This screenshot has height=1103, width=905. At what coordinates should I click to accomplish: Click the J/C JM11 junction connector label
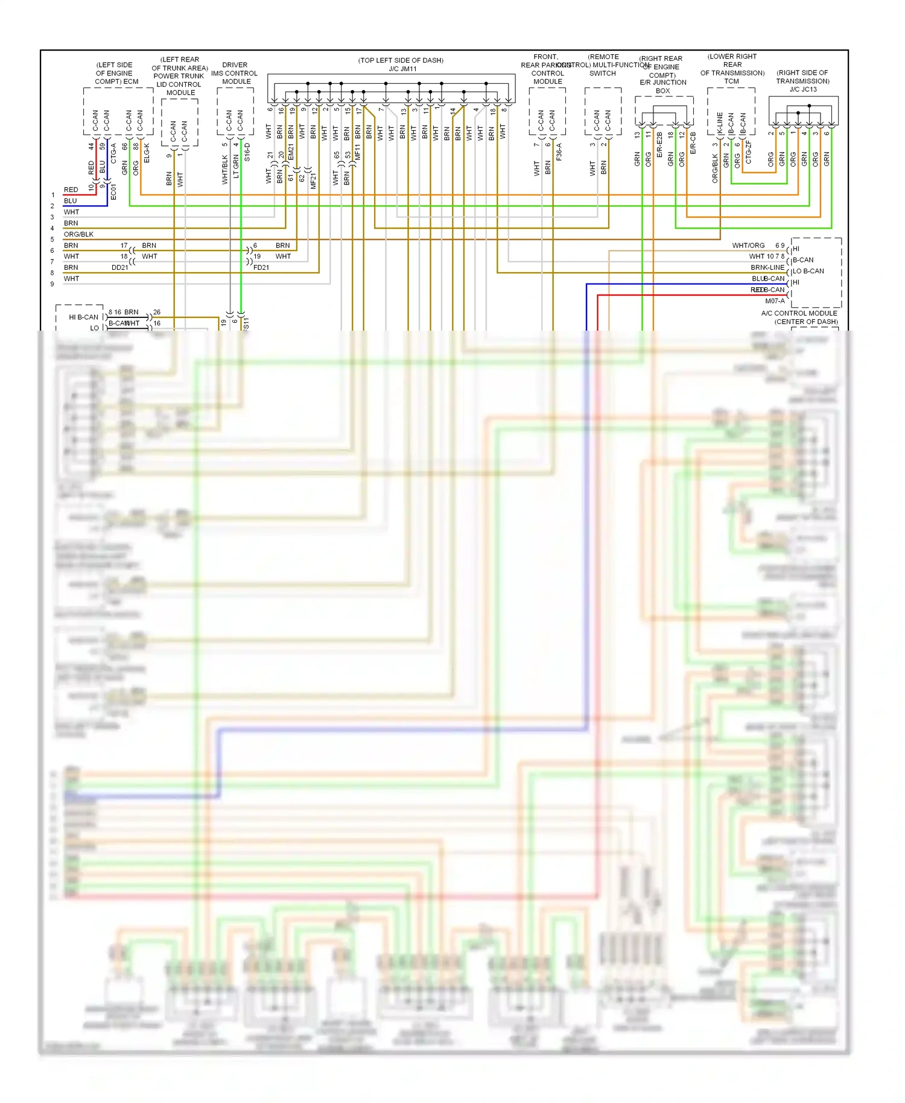[x=402, y=69]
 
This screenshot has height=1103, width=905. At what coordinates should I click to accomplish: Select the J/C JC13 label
[x=803, y=89]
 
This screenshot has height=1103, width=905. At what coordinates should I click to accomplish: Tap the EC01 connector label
[x=113, y=192]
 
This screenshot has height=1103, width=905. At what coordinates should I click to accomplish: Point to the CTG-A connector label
[x=113, y=153]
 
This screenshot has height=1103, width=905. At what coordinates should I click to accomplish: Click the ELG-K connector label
[x=147, y=153]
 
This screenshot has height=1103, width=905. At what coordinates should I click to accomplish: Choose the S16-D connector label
[x=247, y=152]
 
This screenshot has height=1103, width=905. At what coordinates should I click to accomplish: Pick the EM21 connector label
[x=291, y=152]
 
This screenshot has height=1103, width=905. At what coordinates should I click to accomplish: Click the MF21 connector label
[x=313, y=181]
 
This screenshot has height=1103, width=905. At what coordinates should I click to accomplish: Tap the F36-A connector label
[x=559, y=152]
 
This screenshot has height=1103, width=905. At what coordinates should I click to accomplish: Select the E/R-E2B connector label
[x=659, y=145]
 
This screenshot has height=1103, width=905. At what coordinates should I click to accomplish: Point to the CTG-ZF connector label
[x=749, y=152]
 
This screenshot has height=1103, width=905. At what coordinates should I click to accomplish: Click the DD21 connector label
[x=119, y=267]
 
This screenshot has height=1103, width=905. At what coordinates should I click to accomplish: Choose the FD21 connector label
[x=261, y=267]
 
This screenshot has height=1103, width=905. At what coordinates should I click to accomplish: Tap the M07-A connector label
[x=775, y=301]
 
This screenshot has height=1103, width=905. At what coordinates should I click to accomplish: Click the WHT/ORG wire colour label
[x=748, y=246]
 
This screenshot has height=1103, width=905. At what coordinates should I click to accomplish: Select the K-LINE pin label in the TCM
[x=720, y=123]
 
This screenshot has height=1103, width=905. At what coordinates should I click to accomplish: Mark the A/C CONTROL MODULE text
[x=799, y=313]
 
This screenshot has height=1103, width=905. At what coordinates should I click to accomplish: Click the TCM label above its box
[x=731, y=81]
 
